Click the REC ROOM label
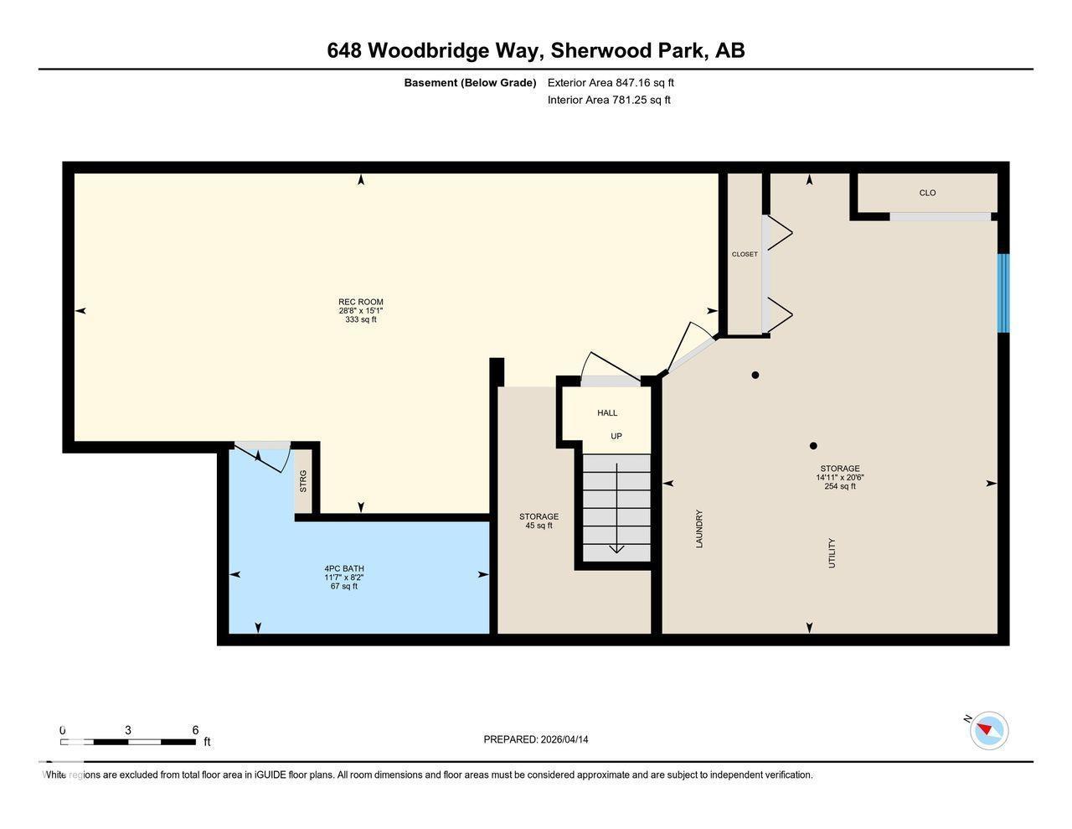coord(360,303)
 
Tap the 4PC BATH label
coord(344,568)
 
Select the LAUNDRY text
coord(699,529)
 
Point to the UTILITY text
coord(832,553)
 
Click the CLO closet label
coord(927,194)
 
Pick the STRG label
coord(303,481)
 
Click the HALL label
coord(607,413)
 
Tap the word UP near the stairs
coord(616,437)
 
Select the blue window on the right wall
coord(1002,293)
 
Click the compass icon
coord(989,730)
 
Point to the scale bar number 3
coord(128,730)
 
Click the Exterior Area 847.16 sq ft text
coord(611,83)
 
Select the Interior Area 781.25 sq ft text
coord(609,100)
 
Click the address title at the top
coord(536,51)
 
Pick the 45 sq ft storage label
coord(539,526)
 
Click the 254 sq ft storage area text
coord(840,486)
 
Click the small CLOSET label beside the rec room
coord(745,254)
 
